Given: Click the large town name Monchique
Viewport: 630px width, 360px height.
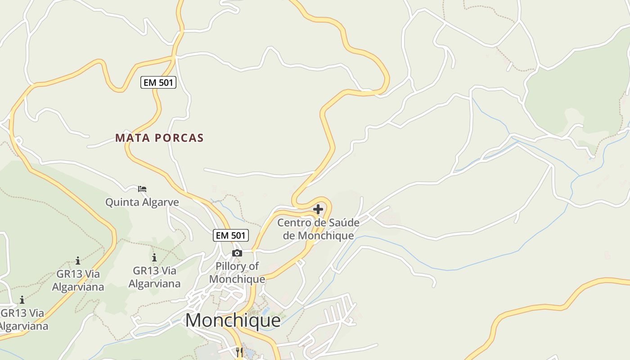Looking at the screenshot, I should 233,320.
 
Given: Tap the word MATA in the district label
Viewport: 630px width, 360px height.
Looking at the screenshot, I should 131,138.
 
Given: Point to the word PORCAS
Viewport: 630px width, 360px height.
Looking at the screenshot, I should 180,138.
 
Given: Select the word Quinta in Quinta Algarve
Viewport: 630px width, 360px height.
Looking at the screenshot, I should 122,202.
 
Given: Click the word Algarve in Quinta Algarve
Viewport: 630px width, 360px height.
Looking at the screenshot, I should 161,202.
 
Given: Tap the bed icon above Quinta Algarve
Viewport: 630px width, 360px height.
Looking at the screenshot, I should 142,189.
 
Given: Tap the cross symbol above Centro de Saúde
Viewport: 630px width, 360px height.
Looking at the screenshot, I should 318,209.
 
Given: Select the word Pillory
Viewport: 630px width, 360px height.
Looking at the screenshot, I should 231,266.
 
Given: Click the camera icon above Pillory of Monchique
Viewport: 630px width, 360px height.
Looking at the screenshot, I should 237,253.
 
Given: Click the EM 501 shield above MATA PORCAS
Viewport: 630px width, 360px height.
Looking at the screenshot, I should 158,82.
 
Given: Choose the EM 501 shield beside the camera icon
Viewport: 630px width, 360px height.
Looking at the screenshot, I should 231,235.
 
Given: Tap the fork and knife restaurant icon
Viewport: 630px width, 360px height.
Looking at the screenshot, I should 239,352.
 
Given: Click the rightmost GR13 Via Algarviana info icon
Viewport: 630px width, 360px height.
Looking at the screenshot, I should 154,257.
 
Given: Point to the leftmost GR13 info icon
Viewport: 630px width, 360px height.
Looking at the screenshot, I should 22,300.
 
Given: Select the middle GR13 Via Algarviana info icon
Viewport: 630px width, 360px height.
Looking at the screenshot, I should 78,261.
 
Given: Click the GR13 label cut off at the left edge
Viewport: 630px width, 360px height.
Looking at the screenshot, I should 22,319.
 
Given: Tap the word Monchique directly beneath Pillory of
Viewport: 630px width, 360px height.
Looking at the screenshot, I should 237,279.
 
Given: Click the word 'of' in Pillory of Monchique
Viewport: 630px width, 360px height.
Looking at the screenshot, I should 254,266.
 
